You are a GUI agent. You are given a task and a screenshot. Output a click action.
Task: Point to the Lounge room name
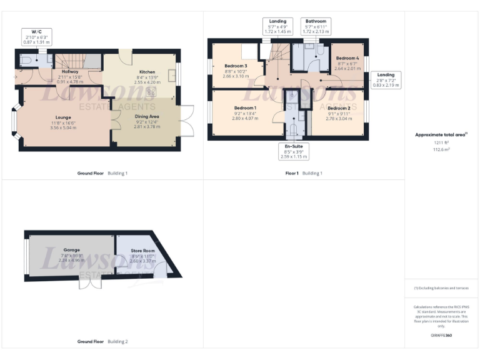[62, 117]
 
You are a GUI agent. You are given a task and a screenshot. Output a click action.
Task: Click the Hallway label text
[70, 72]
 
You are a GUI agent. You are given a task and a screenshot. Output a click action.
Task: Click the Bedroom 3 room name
[236, 66]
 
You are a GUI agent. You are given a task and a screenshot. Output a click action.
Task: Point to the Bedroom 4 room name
[348, 58]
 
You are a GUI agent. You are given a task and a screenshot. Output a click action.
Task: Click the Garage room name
[71, 249]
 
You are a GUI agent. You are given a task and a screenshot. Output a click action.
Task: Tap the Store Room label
[142, 251]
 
